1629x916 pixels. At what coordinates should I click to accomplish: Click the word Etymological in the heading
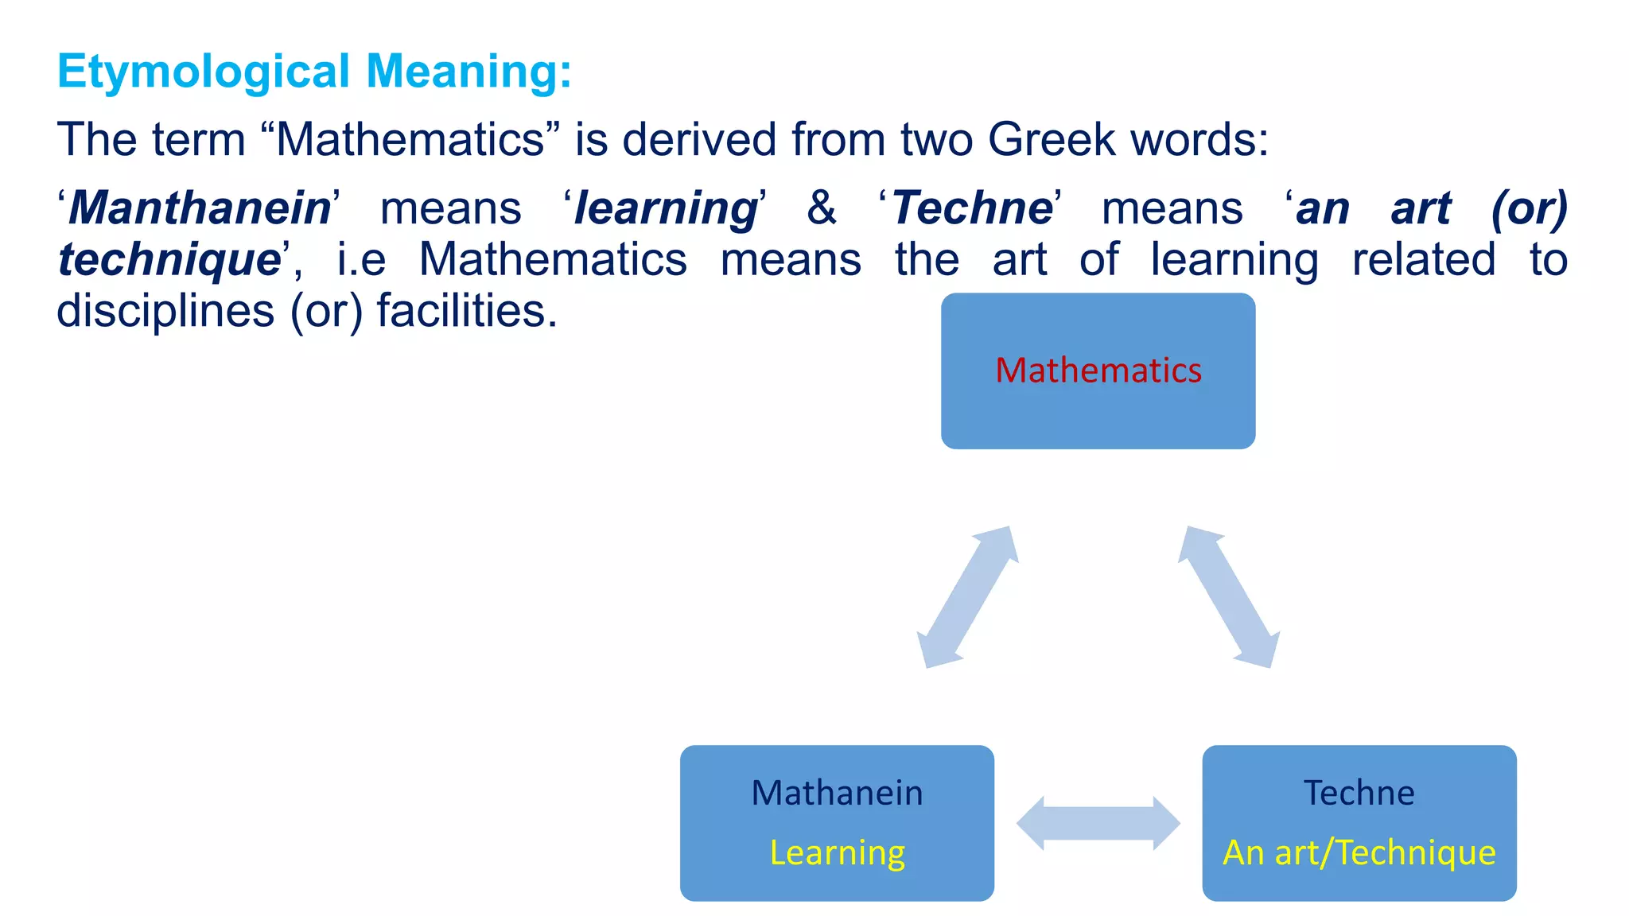(204, 72)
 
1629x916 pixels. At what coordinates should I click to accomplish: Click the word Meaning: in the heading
(468, 72)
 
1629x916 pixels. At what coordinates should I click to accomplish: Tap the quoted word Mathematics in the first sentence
(410, 140)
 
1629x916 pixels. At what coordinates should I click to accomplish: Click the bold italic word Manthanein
(200, 208)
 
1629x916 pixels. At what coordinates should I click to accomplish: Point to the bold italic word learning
(667, 208)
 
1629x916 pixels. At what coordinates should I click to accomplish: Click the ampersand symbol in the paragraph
(822, 208)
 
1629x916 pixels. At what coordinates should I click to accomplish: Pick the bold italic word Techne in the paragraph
(972, 208)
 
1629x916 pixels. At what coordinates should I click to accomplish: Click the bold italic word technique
(169, 260)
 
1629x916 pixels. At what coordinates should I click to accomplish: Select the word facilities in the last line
(466, 311)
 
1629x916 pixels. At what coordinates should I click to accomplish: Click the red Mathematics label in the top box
(1098, 371)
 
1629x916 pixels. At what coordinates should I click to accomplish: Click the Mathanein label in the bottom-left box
(837, 793)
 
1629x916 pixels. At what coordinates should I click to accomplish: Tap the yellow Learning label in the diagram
(837, 852)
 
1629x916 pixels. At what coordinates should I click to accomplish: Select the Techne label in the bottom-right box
(1359, 793)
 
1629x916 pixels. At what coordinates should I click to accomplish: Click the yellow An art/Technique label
(1359, 852)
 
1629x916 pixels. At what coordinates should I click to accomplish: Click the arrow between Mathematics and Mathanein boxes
(967, 596)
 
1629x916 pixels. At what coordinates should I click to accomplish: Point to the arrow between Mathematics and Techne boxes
(1229, 596)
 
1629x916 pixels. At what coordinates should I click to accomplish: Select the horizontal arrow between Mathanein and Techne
(1098, 823)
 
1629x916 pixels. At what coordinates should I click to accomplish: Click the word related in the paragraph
(1424, 260)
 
